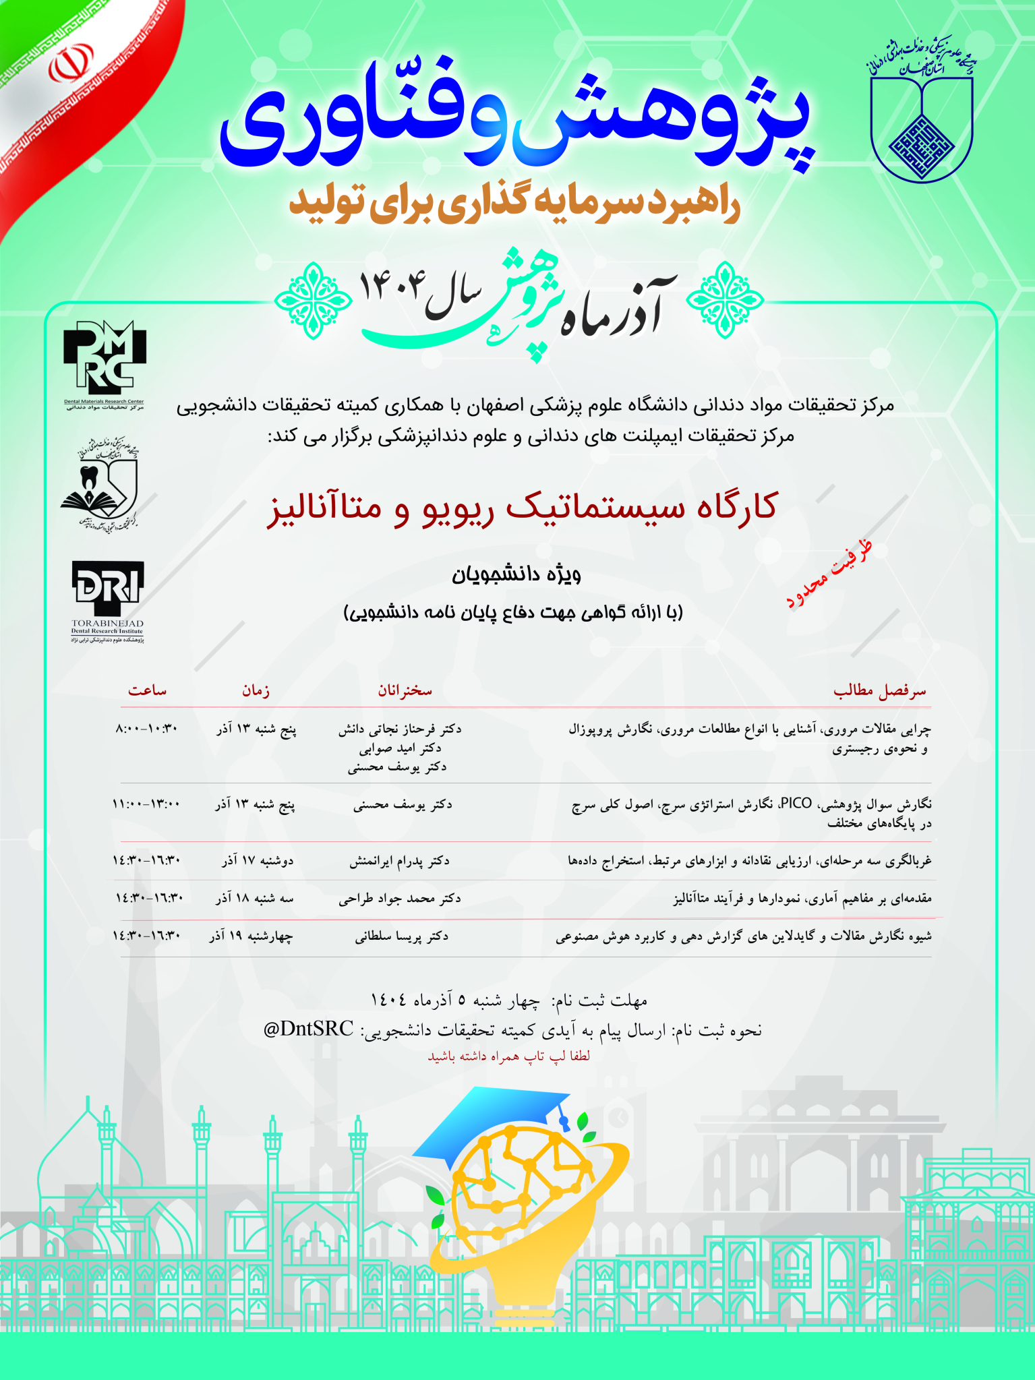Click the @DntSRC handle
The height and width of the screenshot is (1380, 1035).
(x=308, y=1029)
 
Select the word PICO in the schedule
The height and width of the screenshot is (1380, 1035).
(x=796, y=803)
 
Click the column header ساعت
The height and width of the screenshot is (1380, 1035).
(x=147, y=690)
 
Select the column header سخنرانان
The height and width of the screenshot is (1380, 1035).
(x=405, y=690)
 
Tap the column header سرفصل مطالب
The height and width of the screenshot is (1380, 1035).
(x=880, y=691)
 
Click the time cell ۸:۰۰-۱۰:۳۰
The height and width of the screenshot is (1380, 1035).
(x=146, y=729)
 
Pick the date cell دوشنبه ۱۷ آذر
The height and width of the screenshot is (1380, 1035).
(x=258, y=861)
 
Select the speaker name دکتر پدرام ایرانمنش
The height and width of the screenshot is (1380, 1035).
(x=399, y=861)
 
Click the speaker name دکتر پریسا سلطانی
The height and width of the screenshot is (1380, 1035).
(x=402, y=936)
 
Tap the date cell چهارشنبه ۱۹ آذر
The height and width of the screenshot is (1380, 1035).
(x=251, y=936)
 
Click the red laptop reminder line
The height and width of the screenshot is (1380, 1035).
(x=509, y=1056)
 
